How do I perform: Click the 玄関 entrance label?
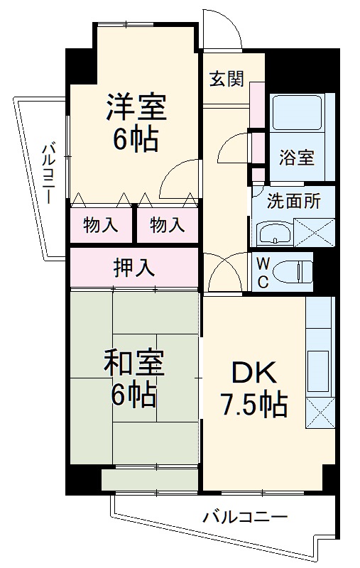point(227,78)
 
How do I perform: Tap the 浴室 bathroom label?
point(296,158)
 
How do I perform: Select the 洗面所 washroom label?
point(293,201)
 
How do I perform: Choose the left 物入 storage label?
point(101,226)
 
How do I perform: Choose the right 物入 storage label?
point(168,226)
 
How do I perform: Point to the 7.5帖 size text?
point(252,406)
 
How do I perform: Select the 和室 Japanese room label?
point(134,364)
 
